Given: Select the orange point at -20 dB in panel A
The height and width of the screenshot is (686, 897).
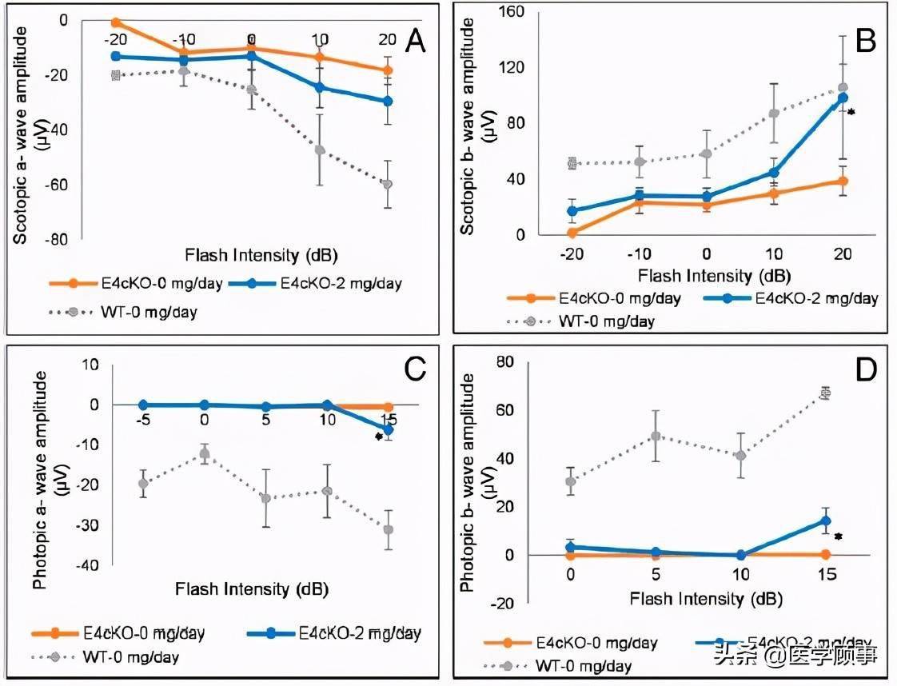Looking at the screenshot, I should (x=116, y=22).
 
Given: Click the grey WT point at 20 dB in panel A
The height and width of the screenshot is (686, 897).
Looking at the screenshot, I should (x=387, y=184).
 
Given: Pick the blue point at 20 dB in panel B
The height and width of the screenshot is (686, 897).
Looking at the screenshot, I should (x=842, y=98).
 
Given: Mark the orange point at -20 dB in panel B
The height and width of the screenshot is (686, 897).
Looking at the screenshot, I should (x=572, y=233).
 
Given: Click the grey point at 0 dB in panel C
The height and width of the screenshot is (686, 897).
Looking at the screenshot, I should (x=205, y=454).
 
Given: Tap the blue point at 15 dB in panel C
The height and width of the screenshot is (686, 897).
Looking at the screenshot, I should (x=388, y=429).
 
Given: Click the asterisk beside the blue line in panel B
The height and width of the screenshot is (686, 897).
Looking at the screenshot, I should (x=851, y=113).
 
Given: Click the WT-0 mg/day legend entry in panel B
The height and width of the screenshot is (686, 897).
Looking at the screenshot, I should (x=592, y=321).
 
